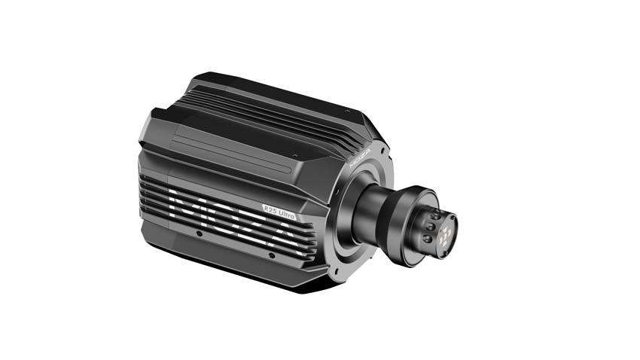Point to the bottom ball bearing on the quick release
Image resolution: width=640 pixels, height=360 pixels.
427,238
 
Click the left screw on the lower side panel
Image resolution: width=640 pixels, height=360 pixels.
198,233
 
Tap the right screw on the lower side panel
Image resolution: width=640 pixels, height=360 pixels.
271,254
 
